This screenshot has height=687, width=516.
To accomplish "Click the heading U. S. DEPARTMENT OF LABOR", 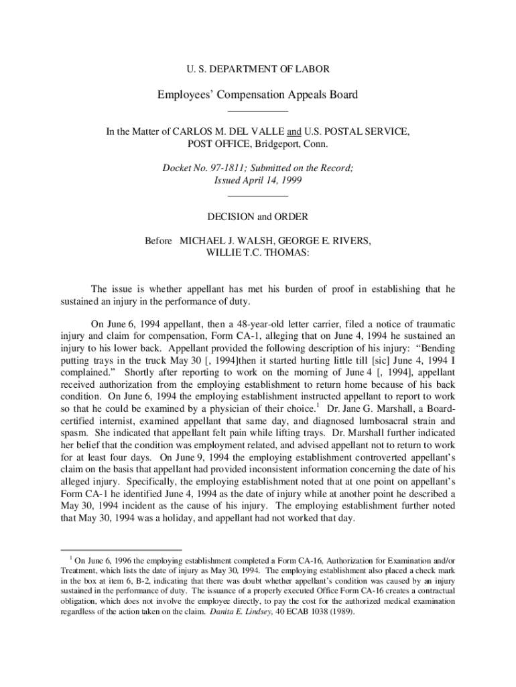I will pos(257,68).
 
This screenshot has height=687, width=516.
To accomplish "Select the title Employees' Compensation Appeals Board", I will pos(257,95).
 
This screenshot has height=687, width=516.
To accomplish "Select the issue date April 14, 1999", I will pos(273,181).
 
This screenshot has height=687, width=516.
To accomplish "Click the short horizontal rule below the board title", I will pos(257,111).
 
